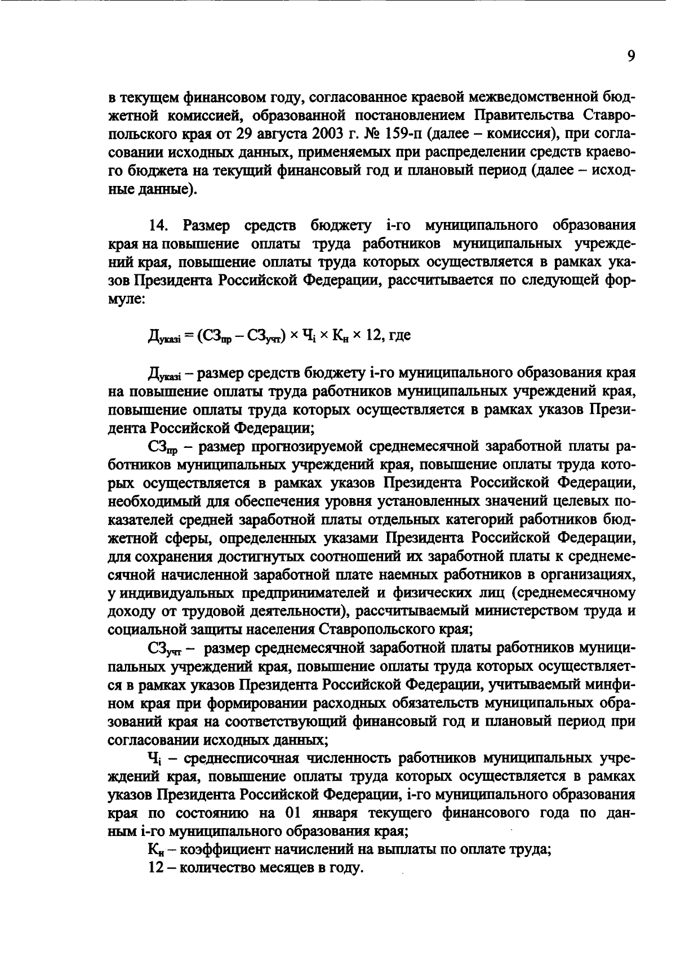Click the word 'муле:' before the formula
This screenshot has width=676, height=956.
tap(127, 299)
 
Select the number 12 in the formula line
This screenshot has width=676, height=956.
tap(373, 336)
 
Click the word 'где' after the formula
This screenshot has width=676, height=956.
tap(399, 336)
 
